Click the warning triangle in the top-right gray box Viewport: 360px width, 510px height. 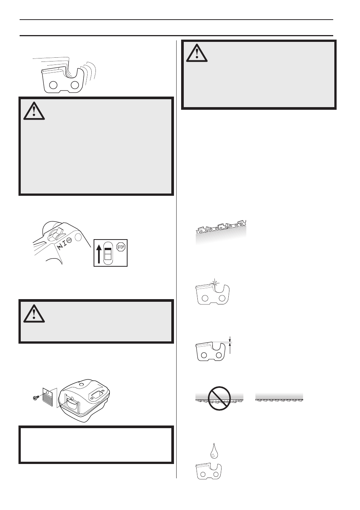pyautogui.click(x=197, y=53)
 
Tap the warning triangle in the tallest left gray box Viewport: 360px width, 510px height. pyautogui.click(x=34, y=111)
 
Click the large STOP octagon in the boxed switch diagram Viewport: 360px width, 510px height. pyautogui.click(x=121, y=247)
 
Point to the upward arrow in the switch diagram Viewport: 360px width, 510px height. pyautogui.click(x=99, y=254)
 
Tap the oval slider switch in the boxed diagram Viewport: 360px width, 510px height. pyautogui.click(x=108, y=253)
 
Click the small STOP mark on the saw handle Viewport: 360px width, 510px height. pyautogui.click(x=69, y=240)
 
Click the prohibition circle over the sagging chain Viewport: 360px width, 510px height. pyautogui.click(x=219, y=398)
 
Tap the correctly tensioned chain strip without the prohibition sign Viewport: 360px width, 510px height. pyautogui.click(x=279, y=398)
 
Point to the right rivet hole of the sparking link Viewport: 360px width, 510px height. pyautogui.click(x=222, y=299)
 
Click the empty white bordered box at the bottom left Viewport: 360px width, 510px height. pyautogui.click(x=96, y=445)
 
